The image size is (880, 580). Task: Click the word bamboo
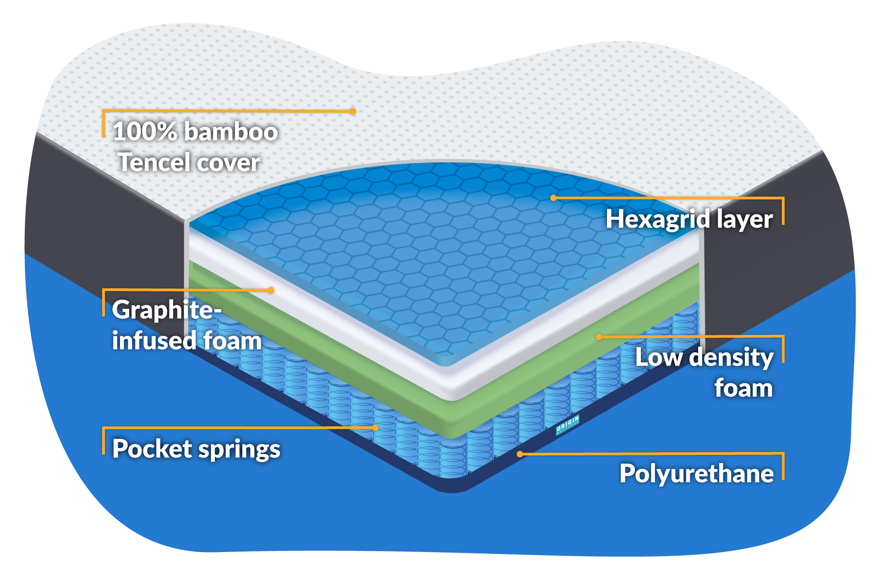tap(231, 131)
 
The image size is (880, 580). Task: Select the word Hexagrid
tap(658, 219)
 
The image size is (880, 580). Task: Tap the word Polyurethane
tap(696, 474)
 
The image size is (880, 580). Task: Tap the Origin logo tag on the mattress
tap(568, 425)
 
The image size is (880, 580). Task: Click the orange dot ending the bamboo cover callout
tap(352, 111)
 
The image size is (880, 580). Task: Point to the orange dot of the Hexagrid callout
tap(553, 198)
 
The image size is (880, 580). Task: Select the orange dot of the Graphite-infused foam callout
tap(271, 290)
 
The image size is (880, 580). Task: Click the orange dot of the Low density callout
tap(598, 337)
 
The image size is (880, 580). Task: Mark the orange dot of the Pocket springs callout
tap(376, 428)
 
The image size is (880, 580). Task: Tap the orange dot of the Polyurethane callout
tap(520, 454)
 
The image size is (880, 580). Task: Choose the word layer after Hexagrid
tap(744, 219)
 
